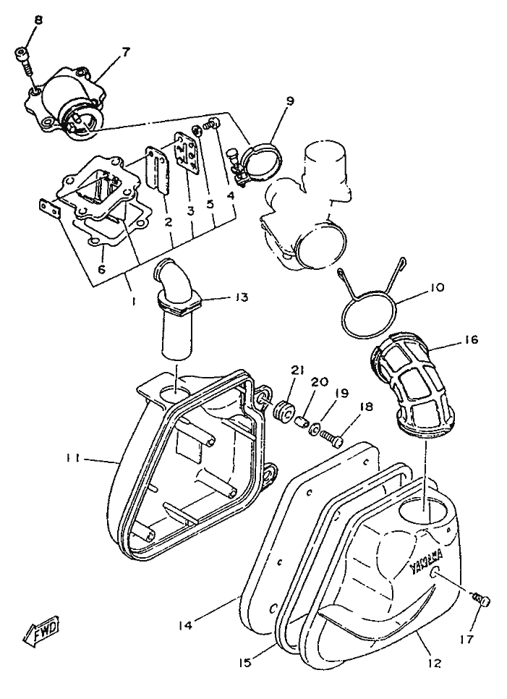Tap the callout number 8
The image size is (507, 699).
pyautogui.click(x=38, y=20)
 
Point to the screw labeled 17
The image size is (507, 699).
pyautogui.click(x=482, y=600)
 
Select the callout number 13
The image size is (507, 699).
pyautogui.click(x=242, y=297)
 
